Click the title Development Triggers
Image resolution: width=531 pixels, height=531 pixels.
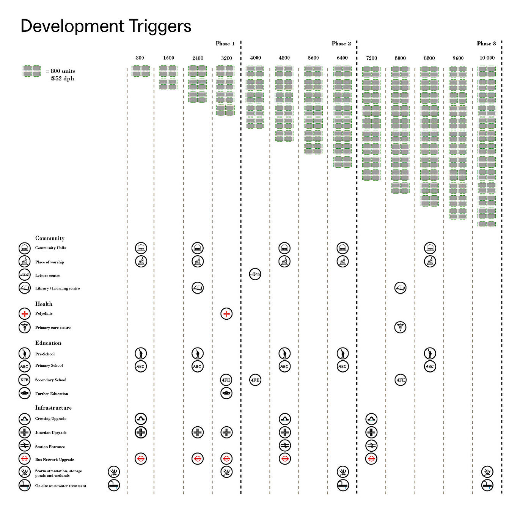point(106,27)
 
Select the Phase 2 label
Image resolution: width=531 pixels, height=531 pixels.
point(341,44)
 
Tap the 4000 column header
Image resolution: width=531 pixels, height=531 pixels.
point(255,58)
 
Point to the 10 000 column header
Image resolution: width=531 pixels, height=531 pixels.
point(487,58)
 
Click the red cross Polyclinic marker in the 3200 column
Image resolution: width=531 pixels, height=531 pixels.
point(226,314)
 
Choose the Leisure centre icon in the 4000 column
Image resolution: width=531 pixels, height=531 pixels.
point(255,274)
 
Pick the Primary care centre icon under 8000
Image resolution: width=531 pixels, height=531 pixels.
point(400,327)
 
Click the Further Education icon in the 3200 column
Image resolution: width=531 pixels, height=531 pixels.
point(226,393)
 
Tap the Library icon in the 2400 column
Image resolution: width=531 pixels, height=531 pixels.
point(197,288)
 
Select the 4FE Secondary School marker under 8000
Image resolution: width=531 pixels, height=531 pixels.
point(401,380)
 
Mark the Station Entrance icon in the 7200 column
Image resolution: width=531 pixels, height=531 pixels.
point(371,446)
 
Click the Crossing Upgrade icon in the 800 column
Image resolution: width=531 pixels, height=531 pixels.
point(141,419)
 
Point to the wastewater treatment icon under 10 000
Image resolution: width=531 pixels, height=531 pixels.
point(487,485)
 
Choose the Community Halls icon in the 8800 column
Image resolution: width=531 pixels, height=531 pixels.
point(430,248)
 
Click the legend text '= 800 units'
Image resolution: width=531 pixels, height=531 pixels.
point(60,71)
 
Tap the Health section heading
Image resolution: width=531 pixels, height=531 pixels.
point(44,304)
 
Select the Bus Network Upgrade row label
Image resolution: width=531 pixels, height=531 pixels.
point(55,460)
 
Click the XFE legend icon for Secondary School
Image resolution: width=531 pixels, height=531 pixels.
point(25,380)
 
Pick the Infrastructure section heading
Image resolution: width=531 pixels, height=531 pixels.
point(53,408)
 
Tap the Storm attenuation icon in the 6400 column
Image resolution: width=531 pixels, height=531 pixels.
point(342,472)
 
